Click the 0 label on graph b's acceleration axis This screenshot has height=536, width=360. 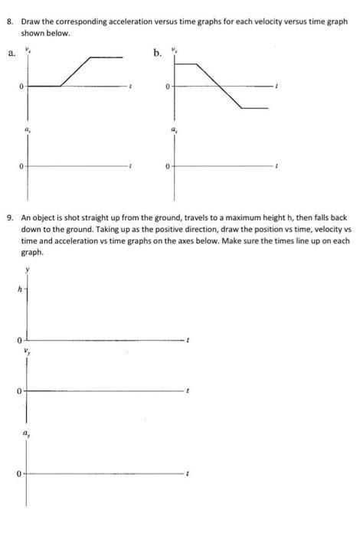pyautogui.click(x=166, y=165)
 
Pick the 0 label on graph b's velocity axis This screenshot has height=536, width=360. pyautogui.click(x=166, y=87)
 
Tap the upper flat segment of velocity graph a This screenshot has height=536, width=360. pyautogui.click(x=106, y=57)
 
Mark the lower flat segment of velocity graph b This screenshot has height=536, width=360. pyautogui.click(x=254, y=109)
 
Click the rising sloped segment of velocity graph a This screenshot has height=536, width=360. pyautogui.click(x=76, y=71)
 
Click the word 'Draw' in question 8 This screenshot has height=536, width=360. pyautogui.click(x=31, y=24)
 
